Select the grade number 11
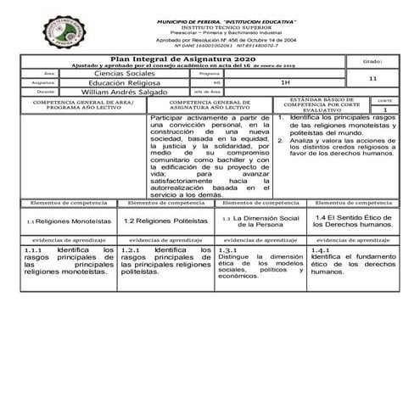click(373, 78)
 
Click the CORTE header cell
click(384, 100)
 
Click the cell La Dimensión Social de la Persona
click(265, 221)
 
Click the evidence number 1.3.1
click(227, 251)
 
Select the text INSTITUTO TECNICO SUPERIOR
click(223, 27)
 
